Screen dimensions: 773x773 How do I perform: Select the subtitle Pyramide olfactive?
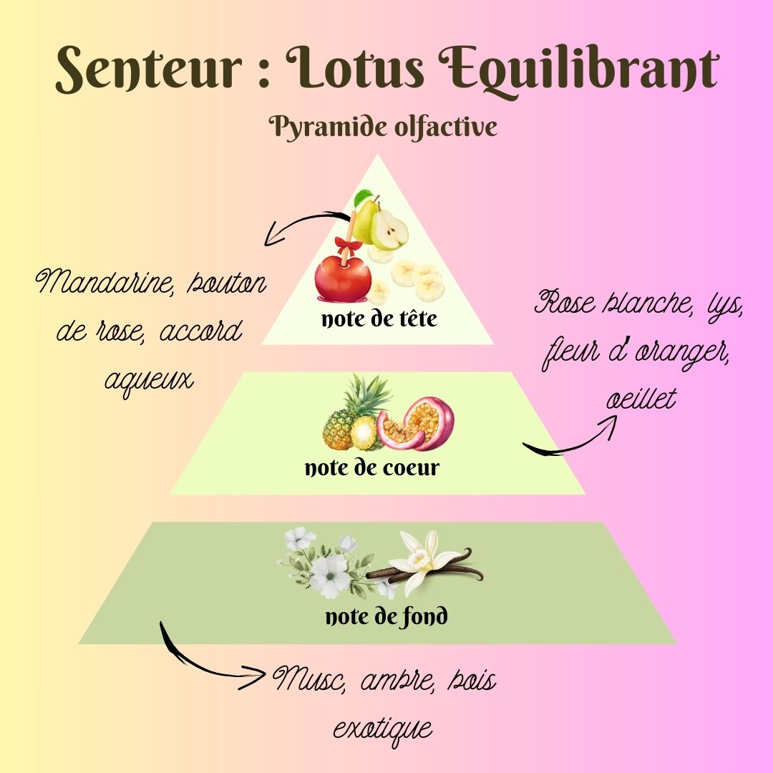383,128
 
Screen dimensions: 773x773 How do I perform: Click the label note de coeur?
372,469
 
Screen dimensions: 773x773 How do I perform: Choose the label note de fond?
386,616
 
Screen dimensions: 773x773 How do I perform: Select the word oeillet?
641,399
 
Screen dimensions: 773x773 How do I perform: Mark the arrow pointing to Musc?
208,662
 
